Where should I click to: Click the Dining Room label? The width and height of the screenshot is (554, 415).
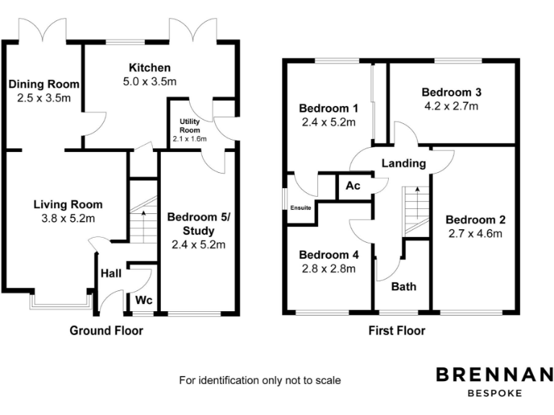coord(43,84)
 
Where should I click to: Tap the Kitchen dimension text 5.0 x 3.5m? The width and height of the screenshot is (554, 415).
coord(149,81)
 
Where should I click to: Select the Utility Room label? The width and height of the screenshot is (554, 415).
coord(190,124)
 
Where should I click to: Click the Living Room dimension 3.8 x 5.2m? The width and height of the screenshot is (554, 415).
coord(68,218)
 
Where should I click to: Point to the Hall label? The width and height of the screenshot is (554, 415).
coord(110,274)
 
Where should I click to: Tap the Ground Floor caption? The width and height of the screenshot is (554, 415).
coord(106,331)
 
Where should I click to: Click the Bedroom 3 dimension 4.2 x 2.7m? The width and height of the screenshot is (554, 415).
coord(452,106)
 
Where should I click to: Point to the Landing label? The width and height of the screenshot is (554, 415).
coord(403,164)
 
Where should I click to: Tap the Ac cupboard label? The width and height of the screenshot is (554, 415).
coord(353,185)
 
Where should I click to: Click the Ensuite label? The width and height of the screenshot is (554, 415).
coord(301,208)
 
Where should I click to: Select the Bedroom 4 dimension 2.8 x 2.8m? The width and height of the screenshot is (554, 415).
coord(328,269)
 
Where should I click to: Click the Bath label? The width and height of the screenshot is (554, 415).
coord(403,286)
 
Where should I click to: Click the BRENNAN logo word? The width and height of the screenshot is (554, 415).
coord(495,374)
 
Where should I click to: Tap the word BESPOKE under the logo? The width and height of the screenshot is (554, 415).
coord(495,393)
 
